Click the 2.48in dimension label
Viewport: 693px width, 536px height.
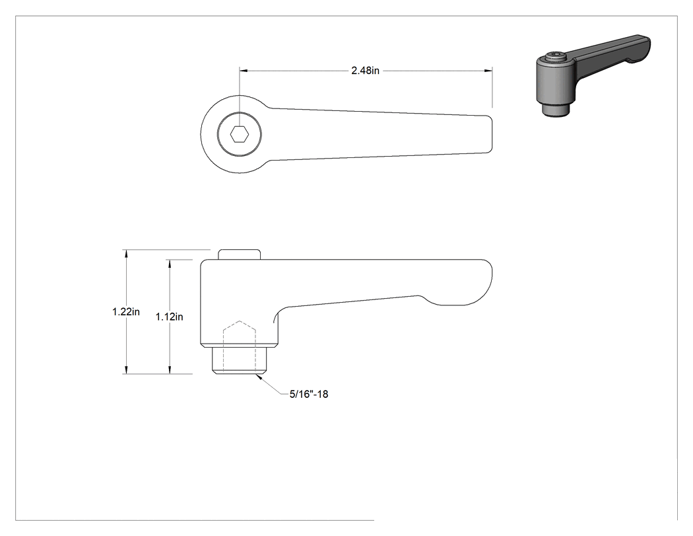[365, 70]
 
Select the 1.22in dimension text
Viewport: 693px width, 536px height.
[126, 311]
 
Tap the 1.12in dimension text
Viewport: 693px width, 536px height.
[169, 317]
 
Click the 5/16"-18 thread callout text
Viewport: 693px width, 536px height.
[309, 394]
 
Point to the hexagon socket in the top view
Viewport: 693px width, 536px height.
[240, 134]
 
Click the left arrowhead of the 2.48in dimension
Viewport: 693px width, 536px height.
[244, 70]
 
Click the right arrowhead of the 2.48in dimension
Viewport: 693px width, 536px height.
[488, 70]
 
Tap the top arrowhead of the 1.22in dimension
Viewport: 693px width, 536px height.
[127, 254]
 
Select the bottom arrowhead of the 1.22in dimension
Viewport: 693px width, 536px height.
[127, 369]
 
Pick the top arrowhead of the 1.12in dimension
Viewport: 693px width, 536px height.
[169, 264]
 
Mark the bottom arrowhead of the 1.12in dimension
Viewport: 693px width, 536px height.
[169, 369]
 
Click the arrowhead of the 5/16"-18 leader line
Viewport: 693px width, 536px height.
[259, 376]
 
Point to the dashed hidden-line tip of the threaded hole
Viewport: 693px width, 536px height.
[240, 321]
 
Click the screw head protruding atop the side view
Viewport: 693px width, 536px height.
[239, 254]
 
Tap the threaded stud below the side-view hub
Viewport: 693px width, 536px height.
[239, 361]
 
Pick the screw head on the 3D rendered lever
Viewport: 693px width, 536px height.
[554, 56]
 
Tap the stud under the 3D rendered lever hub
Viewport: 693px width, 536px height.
[555, 109]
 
